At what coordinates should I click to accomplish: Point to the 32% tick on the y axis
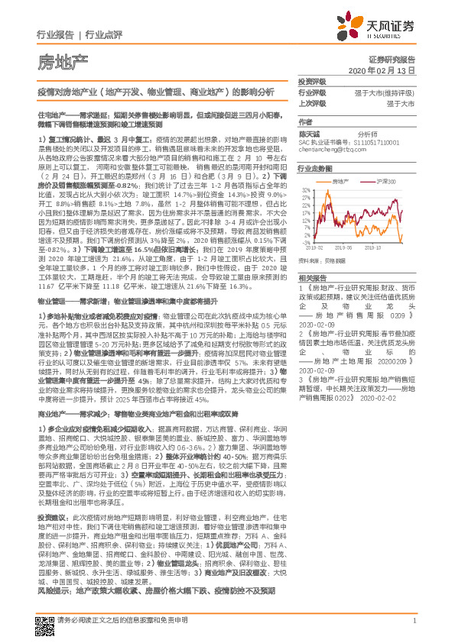pos(305,189)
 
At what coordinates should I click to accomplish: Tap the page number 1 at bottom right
pos(414,630)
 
